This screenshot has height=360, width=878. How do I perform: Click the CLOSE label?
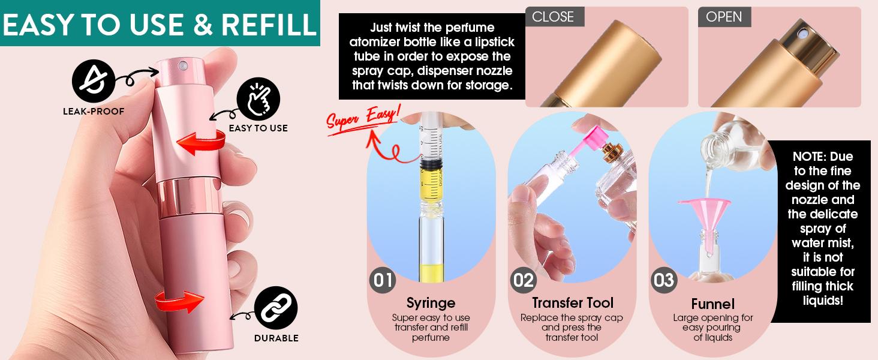pyautogui.click(x=553, y=17)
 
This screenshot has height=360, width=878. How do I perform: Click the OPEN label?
pyautogui.click(x=724, y=17)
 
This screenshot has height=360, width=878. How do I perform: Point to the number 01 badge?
pyautogui.click(x=383, y=280)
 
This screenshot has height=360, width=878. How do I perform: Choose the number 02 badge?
pyautogui.click(x=523, y=280)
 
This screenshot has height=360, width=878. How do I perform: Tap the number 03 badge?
pyautogui.click(x=663, y=280)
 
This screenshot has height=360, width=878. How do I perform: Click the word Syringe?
pyautogui.click(x=431, y=302)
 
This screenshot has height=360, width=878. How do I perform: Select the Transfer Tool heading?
pyautogui.click(x=573, y=302)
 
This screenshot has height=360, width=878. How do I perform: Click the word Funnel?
pyautogui.click(x=712, y=304)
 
